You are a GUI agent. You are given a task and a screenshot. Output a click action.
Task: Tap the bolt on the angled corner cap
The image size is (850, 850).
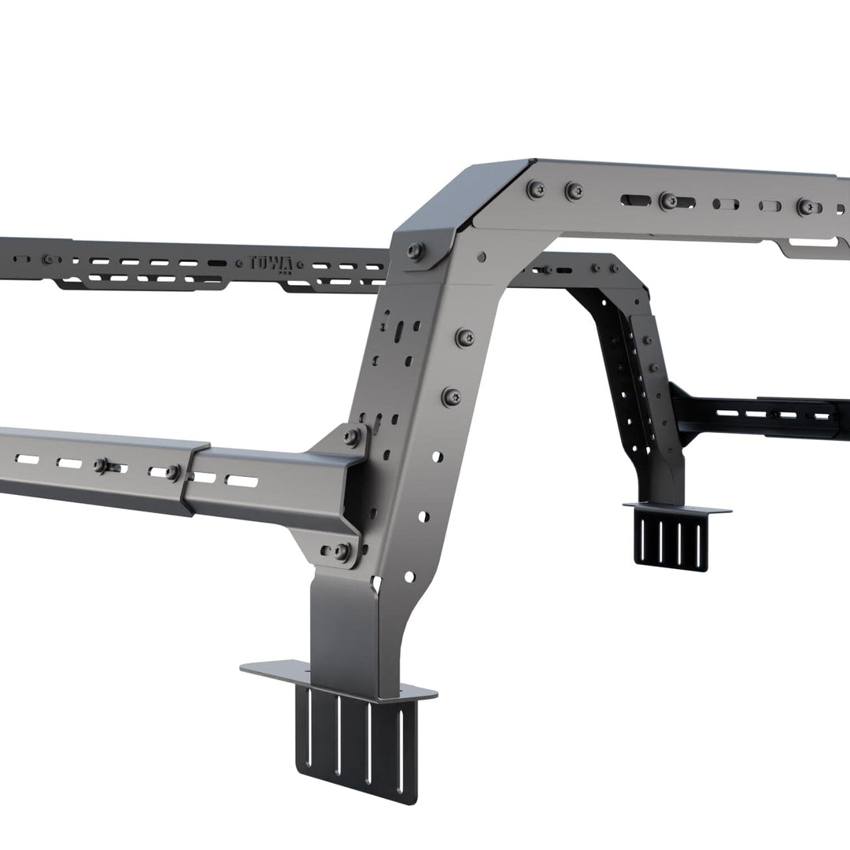click(x=416, y=251)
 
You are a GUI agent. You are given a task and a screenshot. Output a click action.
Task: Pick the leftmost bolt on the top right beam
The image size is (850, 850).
click(x=538, y=189)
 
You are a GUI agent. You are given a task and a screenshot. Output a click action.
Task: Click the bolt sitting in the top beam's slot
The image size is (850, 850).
click(x=668, y=201)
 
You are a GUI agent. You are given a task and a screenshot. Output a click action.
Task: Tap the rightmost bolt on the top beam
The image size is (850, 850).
click(x=806, y=207)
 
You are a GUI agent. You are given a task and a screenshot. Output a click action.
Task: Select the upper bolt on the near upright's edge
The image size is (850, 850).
click(x=465, y=338)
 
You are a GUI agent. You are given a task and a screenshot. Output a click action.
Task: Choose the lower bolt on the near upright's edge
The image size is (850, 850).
click(x=451, y=397)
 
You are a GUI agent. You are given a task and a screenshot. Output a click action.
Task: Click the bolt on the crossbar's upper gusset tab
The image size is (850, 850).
click(x=352, y=436)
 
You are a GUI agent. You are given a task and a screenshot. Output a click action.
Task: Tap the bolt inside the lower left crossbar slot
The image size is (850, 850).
click(x=102, y=465)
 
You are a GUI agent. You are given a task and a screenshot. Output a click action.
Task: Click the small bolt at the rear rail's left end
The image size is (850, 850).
click(x=49, y=259)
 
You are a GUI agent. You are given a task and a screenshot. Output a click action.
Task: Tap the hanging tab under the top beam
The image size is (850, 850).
click(x=811, y=248)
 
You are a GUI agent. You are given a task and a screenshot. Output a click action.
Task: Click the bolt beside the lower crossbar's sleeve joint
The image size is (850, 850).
click(x=172, y=471)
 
